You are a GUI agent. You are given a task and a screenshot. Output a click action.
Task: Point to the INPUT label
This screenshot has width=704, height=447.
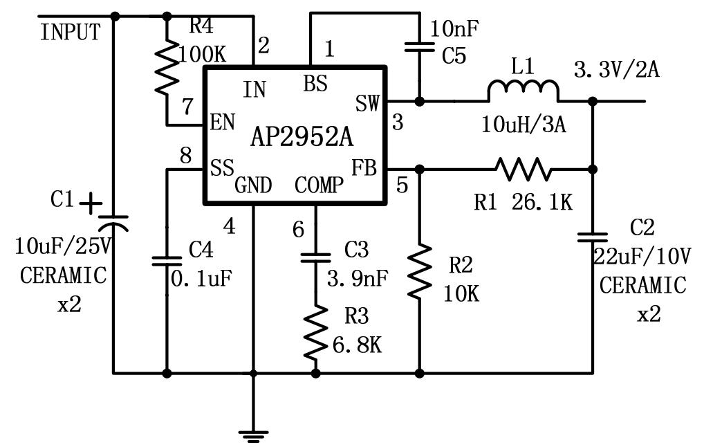click(x=70, y=33)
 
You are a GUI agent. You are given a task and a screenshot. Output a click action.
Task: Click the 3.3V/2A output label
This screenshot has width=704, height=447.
click(x=617, y=70)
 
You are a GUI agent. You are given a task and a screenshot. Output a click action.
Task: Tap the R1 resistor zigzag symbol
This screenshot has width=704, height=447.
click(x=524, y=168)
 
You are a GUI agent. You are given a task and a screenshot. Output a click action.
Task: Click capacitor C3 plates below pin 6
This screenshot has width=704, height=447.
click(x=316, y=258)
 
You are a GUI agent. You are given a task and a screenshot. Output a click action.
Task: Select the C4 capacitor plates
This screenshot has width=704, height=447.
click(x=167, y=261)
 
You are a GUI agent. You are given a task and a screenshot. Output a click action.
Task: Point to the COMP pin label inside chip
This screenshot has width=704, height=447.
click(x=319, y=185)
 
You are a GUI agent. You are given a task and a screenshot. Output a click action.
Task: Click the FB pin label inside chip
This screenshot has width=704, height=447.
click(x=364, y=168)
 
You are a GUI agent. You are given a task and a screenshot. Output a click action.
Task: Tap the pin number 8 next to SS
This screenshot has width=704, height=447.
click(x=185, y=156)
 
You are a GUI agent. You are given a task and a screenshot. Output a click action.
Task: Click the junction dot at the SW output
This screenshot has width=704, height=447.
click(x=419, y=101)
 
